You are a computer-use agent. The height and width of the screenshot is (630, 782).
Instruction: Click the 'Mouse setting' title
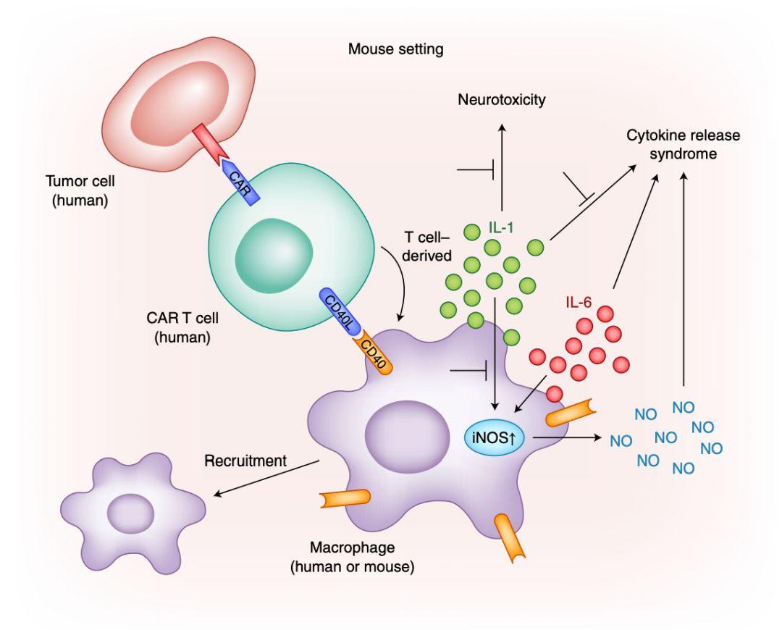pos(395,50)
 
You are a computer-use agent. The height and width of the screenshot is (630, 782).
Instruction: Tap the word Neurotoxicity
pos(501,100)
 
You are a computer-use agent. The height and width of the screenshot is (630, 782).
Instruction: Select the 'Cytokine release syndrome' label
pos(684,145)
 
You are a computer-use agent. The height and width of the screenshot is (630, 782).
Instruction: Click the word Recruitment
pos(245,461)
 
